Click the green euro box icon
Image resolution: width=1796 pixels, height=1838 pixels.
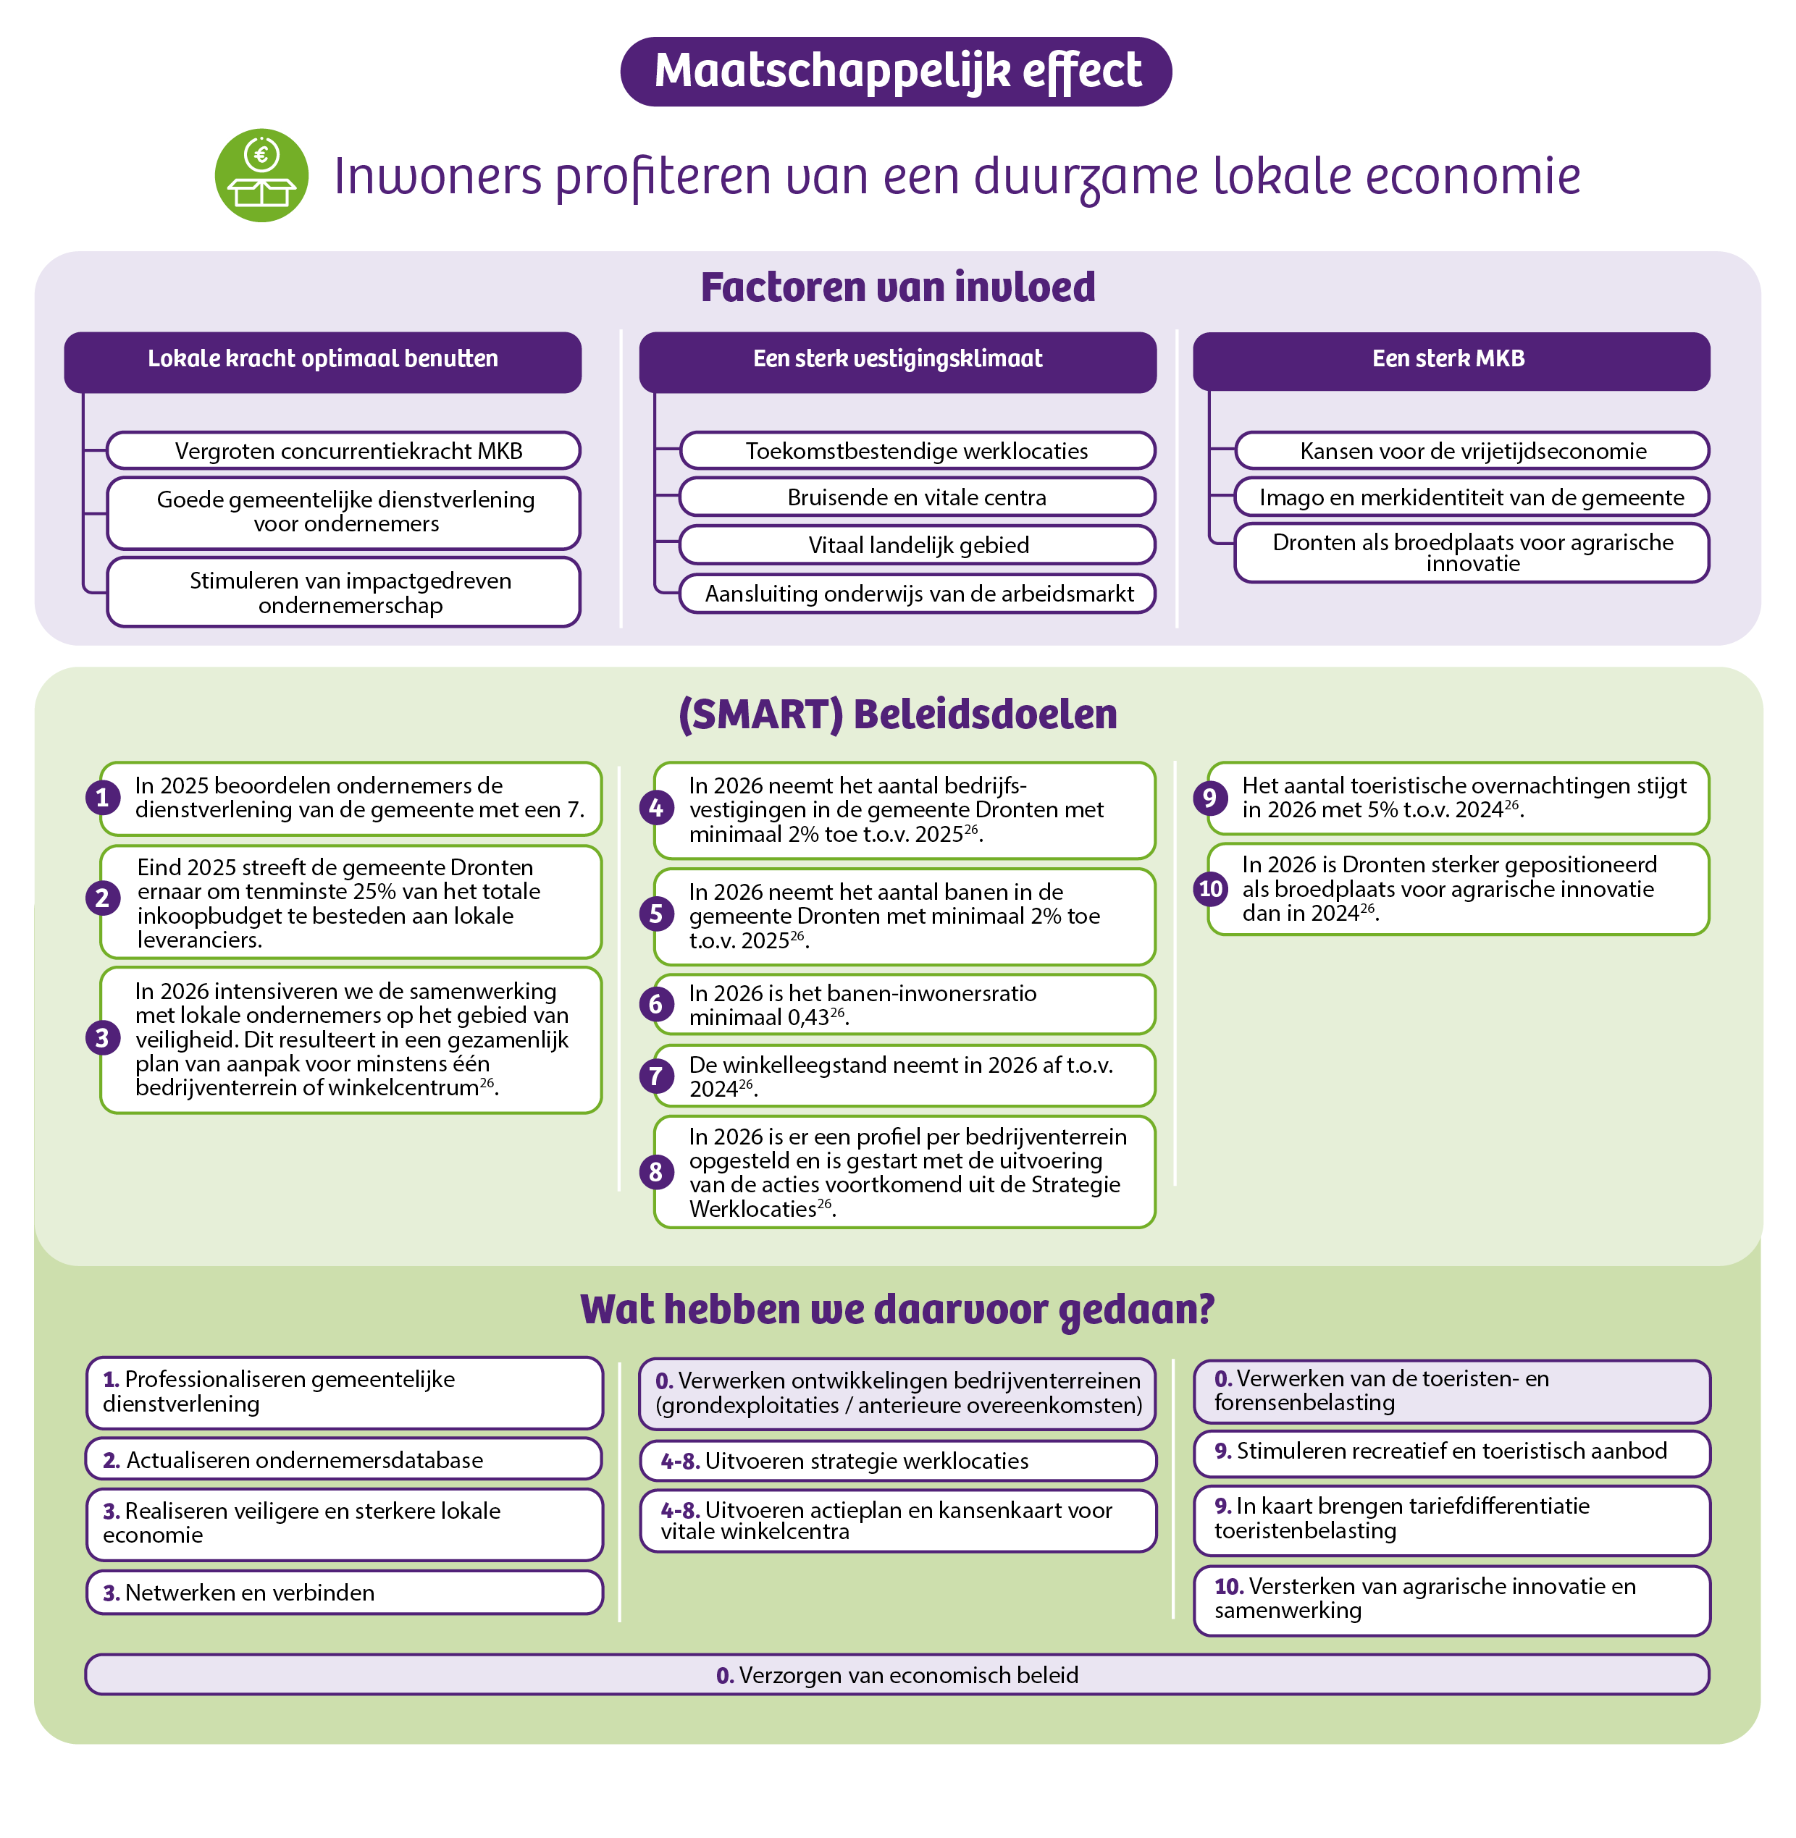click(261, 175)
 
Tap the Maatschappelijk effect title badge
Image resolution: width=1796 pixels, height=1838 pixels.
click(896, 72)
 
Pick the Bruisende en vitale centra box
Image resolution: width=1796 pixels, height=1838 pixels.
click(917, 497)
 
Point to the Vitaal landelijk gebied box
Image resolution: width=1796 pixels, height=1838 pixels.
click(917, 545)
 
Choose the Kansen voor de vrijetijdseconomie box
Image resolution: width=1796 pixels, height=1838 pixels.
click(1472, 451)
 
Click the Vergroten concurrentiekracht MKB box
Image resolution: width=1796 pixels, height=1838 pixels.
click(343, 451)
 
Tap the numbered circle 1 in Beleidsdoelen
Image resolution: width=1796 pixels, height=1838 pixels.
click(103, 798)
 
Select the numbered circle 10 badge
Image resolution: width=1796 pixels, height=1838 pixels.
click(1210, 888)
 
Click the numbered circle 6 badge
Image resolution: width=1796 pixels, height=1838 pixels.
click(655, 1004)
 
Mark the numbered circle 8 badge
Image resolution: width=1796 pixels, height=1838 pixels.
click(655, 1172)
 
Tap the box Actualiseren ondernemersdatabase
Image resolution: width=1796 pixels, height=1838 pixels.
click(344, 1460)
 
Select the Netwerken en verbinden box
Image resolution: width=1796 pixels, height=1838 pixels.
click(344, 1592)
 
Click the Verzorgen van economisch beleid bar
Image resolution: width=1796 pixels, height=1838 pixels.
click(897, 1675)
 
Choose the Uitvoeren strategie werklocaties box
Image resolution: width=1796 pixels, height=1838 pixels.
click(898, 1461)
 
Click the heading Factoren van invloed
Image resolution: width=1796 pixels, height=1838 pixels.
click(897, 287)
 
